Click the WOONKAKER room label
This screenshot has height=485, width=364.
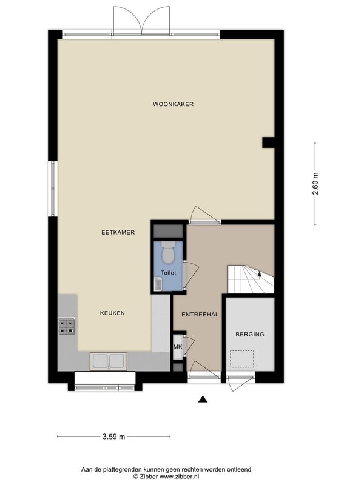(173, 104)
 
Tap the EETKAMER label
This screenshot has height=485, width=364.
(118, 232)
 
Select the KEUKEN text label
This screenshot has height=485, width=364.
(112, 313)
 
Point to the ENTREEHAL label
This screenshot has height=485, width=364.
(200, 315)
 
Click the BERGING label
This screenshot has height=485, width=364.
(250, 335)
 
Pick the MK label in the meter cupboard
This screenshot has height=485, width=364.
(178, 347)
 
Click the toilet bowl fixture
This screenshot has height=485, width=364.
(168, 252)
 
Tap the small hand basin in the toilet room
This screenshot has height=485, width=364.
(158, 284)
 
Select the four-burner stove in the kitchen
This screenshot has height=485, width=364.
(67, 327)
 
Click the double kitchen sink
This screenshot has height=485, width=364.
(109, 361)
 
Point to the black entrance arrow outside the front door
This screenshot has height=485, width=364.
(203, 400)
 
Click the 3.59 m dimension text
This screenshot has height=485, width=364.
(113, 436)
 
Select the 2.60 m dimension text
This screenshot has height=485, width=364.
(315, 184)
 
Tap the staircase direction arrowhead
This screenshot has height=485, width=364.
(260, 273)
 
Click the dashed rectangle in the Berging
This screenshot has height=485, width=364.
(241, 359)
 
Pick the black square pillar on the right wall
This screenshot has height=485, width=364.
(268, 142)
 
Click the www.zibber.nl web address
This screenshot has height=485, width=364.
(179, 477)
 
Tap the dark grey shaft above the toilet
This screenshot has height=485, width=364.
(169, 232)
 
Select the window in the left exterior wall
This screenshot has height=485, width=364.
(53, 189)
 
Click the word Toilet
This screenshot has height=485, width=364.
(169, 273)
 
